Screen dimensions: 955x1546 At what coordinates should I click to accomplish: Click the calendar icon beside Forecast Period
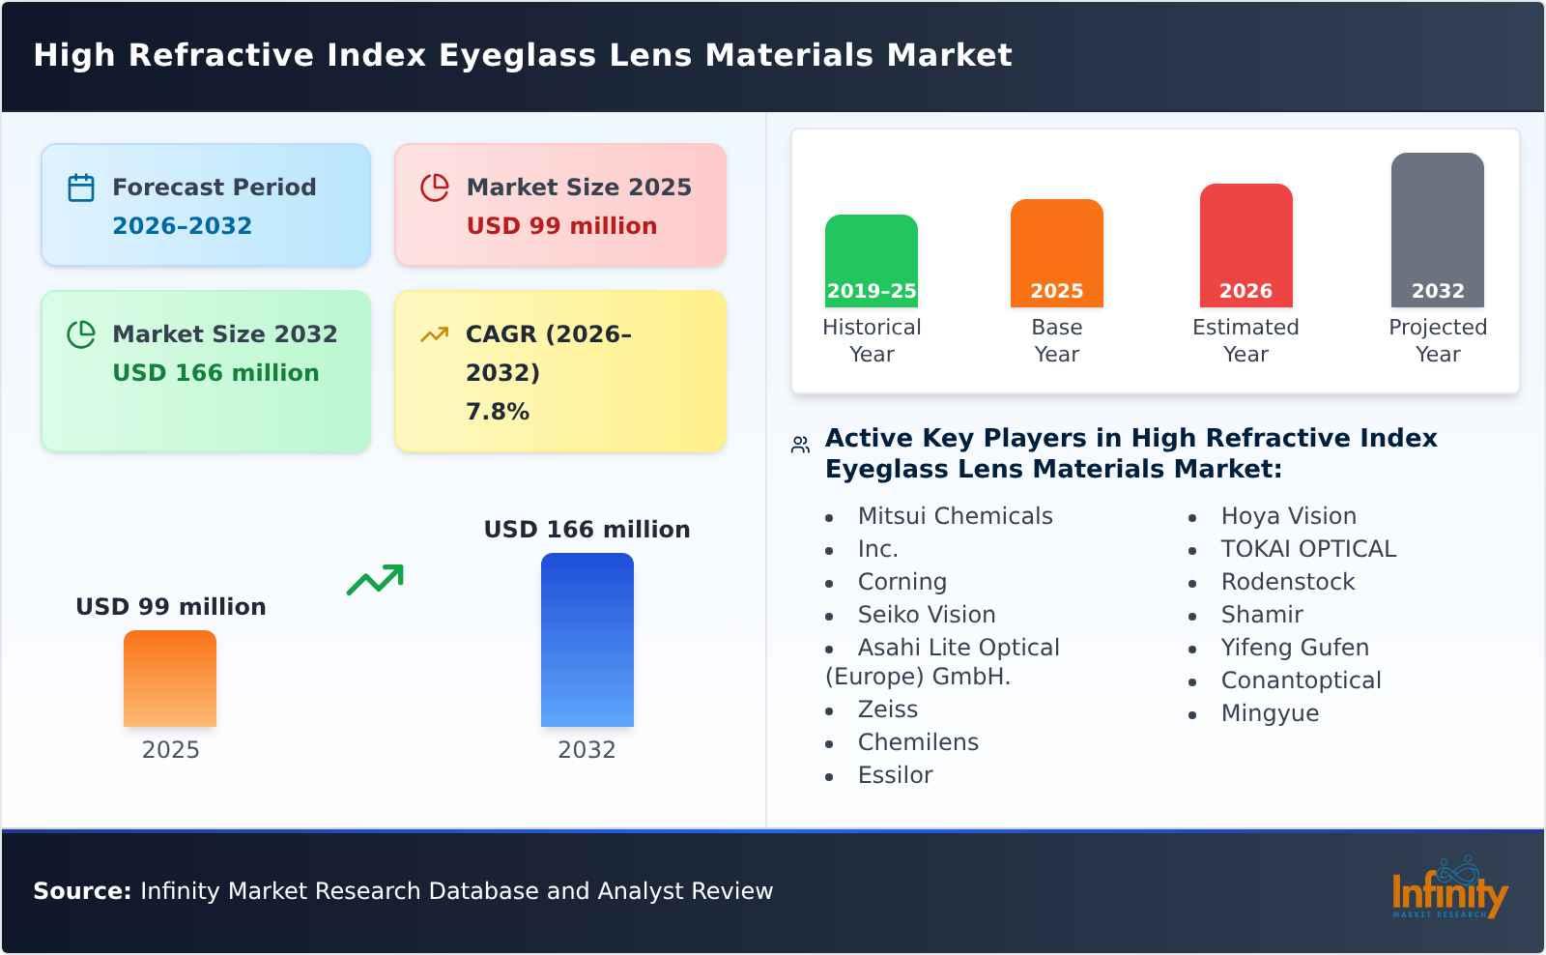point(81,188)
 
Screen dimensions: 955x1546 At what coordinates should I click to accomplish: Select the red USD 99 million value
point(561,226)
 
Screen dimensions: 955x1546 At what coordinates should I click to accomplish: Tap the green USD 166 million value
point(215,373)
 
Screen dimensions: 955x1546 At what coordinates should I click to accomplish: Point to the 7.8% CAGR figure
point(498,412)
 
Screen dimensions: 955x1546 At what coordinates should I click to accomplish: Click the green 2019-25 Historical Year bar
point(872,261)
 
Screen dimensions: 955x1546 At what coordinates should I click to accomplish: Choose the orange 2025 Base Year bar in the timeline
point(1056,253)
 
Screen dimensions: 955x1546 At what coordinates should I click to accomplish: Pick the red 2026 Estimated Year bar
point(1245,246)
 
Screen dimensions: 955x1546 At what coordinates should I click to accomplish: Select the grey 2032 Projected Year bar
point(1437,230)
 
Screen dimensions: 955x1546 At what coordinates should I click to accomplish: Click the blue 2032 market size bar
point(587,640)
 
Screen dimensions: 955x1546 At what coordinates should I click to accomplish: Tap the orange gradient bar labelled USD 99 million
point(170,679)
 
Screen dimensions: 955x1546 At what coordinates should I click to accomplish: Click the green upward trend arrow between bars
point(375,580)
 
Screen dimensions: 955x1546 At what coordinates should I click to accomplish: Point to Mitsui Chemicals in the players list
point(955,516)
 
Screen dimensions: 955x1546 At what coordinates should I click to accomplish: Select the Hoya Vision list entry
point(1288,516)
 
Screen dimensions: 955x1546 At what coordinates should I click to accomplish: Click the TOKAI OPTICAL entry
point(1308,549)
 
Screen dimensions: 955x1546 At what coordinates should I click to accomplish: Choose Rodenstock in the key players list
point(1287,582)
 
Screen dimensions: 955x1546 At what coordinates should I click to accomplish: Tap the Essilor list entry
point(895,775)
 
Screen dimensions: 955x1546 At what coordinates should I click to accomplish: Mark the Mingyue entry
point(1270,713)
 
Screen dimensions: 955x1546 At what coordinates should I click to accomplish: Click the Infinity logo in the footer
point(1449,889)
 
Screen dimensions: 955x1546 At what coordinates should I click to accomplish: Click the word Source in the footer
point(81,891)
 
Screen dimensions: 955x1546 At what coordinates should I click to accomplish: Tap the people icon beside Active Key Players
point(800,445)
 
